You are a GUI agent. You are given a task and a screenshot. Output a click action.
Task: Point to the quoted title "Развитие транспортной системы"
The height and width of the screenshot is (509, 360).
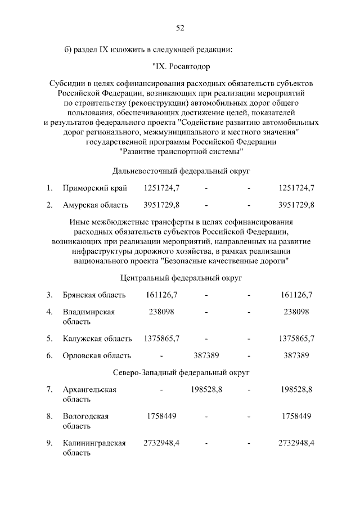pos(181,151)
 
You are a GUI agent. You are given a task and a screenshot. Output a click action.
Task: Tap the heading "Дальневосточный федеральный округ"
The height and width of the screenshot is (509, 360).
pos(181,170)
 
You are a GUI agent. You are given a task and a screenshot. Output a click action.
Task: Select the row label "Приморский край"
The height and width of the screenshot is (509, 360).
pos(95,187)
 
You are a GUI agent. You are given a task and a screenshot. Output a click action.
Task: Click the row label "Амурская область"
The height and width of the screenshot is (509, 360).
pos(95,205)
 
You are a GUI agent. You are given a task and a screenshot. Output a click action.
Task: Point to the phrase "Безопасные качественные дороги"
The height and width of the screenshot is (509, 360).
pos(224,261)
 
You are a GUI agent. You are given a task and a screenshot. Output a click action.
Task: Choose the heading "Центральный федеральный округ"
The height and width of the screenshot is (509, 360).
pos(181,278)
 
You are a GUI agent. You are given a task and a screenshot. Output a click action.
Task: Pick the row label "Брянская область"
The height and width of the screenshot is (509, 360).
pos(94,295)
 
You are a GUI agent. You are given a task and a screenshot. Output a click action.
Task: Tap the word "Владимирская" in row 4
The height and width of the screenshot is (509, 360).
pos(89,312)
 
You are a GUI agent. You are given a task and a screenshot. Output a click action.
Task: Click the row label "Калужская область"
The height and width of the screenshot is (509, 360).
pos(97,339)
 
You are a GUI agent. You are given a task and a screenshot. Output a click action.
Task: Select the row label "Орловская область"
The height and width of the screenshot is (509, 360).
pos(96,355)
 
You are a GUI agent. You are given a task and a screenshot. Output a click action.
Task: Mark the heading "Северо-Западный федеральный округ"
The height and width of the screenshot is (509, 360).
pos(181,372)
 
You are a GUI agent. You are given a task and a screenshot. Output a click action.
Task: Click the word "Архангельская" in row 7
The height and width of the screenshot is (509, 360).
pos(89,390)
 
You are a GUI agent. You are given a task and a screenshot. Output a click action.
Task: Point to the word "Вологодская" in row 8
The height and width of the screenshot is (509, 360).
pos(85,416)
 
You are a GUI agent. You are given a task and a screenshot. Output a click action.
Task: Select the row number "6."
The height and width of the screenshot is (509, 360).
pos(49,355)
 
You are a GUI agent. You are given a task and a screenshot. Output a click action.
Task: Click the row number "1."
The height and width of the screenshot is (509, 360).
pos(49,187)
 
